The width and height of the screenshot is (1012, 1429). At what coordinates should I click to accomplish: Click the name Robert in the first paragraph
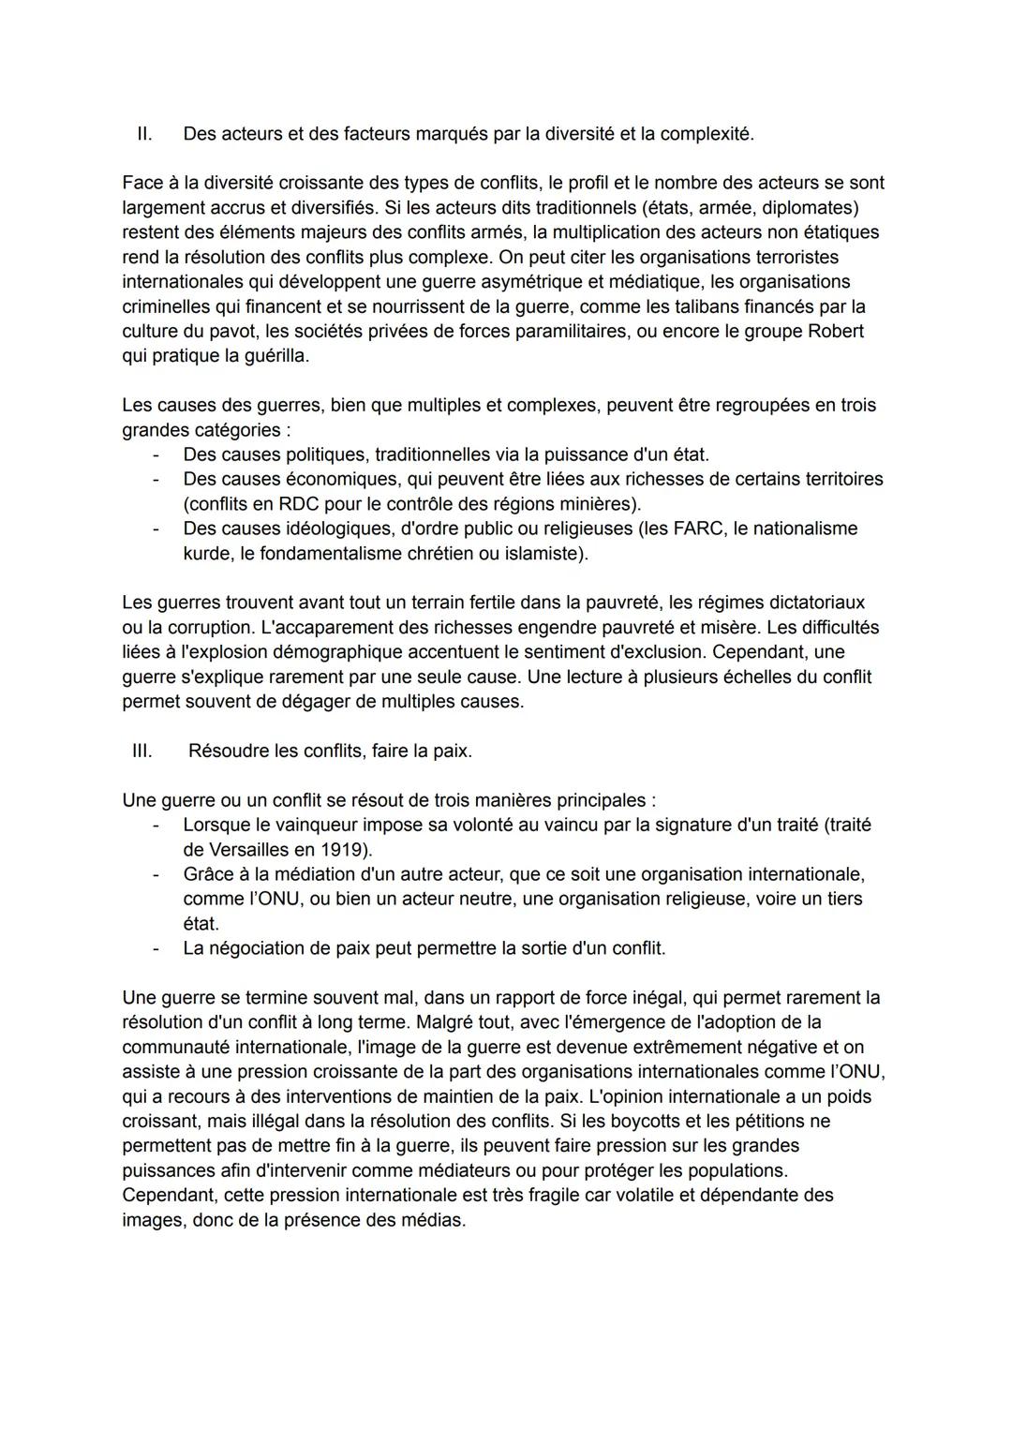click(x=834, y=331)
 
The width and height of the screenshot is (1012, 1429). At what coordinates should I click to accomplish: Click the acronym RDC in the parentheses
click(x=298, y=504)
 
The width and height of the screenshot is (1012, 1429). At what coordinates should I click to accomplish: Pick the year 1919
click(x=343, y=850)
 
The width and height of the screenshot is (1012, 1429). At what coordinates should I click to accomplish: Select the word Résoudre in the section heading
click(x=228, y=751)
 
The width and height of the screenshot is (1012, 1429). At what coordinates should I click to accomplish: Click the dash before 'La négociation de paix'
click(x=156, y=948)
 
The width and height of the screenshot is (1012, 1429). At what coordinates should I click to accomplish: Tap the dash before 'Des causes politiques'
click(x=156, y=454)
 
